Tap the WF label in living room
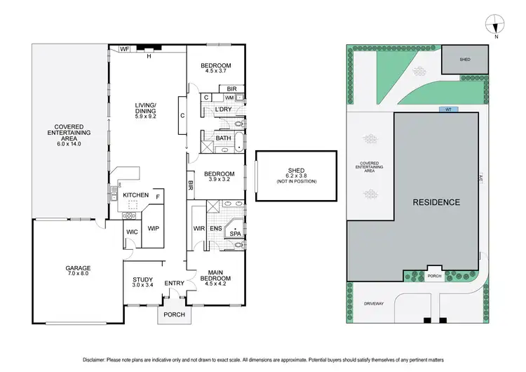coord(124,49)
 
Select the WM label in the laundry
coord(229,98)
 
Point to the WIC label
coord(130,231)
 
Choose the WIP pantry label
coord(154,228)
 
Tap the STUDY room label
coord(142,282)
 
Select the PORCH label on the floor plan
coord(173,314)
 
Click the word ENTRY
coord(173,283)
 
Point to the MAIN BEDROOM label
coord(216,279)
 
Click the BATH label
coord(223,138)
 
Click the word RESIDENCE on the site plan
coord(436,202)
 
